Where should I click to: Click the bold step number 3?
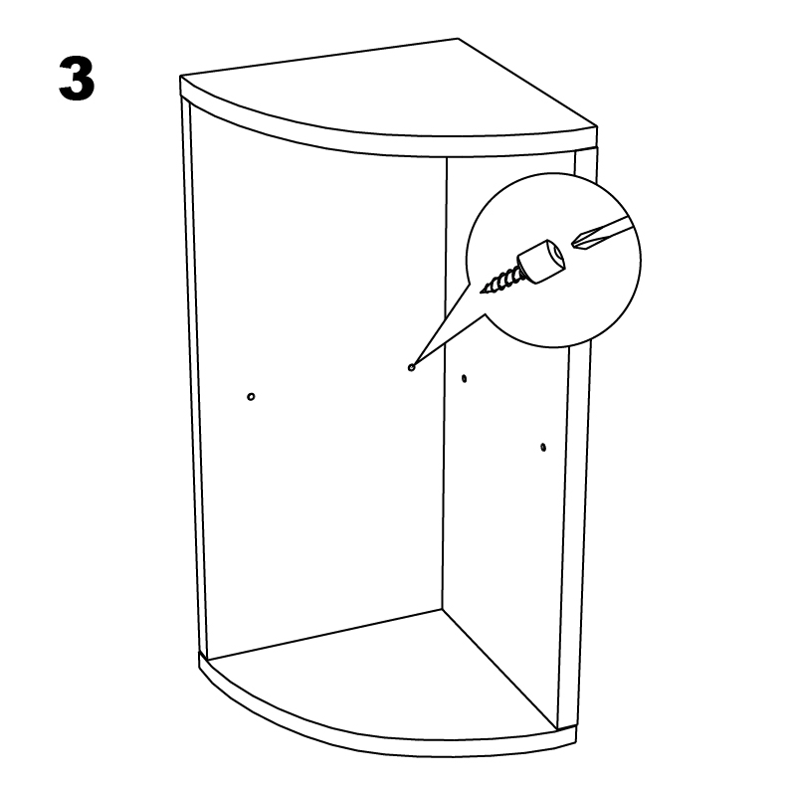77,79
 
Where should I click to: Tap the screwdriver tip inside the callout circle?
573,244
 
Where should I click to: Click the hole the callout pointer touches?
411,368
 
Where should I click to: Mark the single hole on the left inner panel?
251,397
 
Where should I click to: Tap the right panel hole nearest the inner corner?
464,378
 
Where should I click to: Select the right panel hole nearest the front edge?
543,447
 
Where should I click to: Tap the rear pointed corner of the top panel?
458,39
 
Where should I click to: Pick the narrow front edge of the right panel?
575,504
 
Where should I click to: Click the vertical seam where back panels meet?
445,383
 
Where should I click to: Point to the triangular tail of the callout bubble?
444,328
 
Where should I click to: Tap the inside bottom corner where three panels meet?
443,609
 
